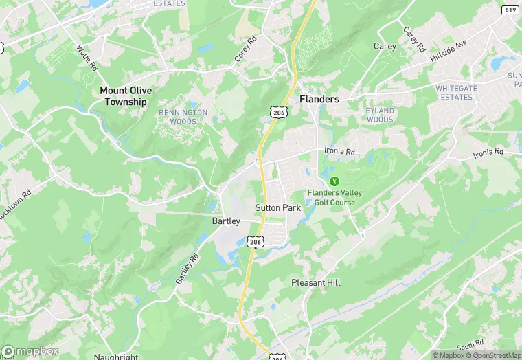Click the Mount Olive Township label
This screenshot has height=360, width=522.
pos(126,96)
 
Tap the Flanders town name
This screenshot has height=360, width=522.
pos(319,99)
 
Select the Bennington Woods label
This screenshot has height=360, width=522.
pos(183,117)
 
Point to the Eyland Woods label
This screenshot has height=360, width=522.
pos(380,115)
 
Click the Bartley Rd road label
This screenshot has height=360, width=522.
pos(186,269)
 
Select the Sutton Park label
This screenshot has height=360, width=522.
pos(278,207)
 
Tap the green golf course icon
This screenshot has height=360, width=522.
pos(335,181)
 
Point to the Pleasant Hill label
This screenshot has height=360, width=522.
pos(316,282)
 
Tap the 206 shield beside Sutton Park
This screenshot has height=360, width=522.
pos(255,242)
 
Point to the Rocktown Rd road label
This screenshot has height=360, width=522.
pos(15,205)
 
